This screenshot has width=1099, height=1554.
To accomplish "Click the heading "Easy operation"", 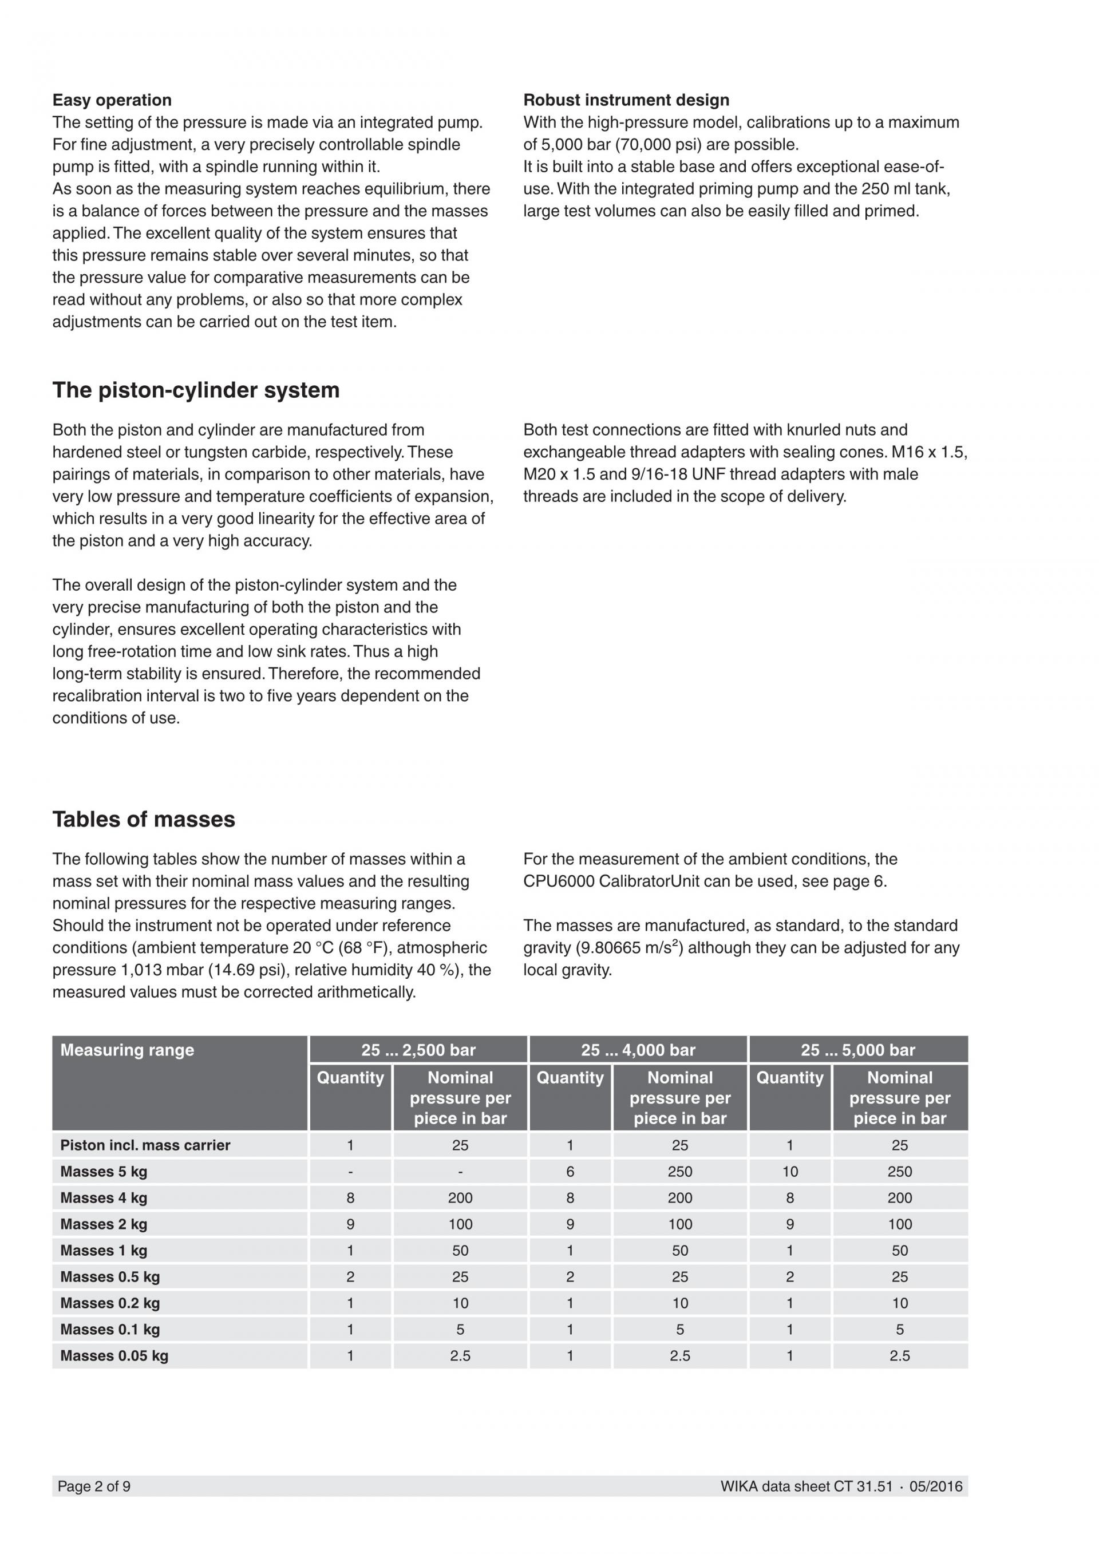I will point(112,100).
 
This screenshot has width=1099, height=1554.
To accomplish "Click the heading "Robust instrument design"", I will point(626,100).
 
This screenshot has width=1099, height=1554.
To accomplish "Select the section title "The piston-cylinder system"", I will point(196,390).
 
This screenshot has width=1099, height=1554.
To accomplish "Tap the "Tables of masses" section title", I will point(144,820).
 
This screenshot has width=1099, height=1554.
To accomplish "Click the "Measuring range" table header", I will point(127,1050).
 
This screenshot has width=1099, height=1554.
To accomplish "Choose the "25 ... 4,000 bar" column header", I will point(638,1050).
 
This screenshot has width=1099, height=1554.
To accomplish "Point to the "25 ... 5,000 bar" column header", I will point(857,1050).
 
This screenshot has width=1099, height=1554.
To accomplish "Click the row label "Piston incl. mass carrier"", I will point(145,1145).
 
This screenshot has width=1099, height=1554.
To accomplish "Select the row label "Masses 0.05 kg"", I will point(114,1356).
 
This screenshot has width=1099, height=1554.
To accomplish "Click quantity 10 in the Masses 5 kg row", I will point(790,1172).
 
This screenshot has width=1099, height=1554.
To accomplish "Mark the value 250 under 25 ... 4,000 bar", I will point(679,1172).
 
